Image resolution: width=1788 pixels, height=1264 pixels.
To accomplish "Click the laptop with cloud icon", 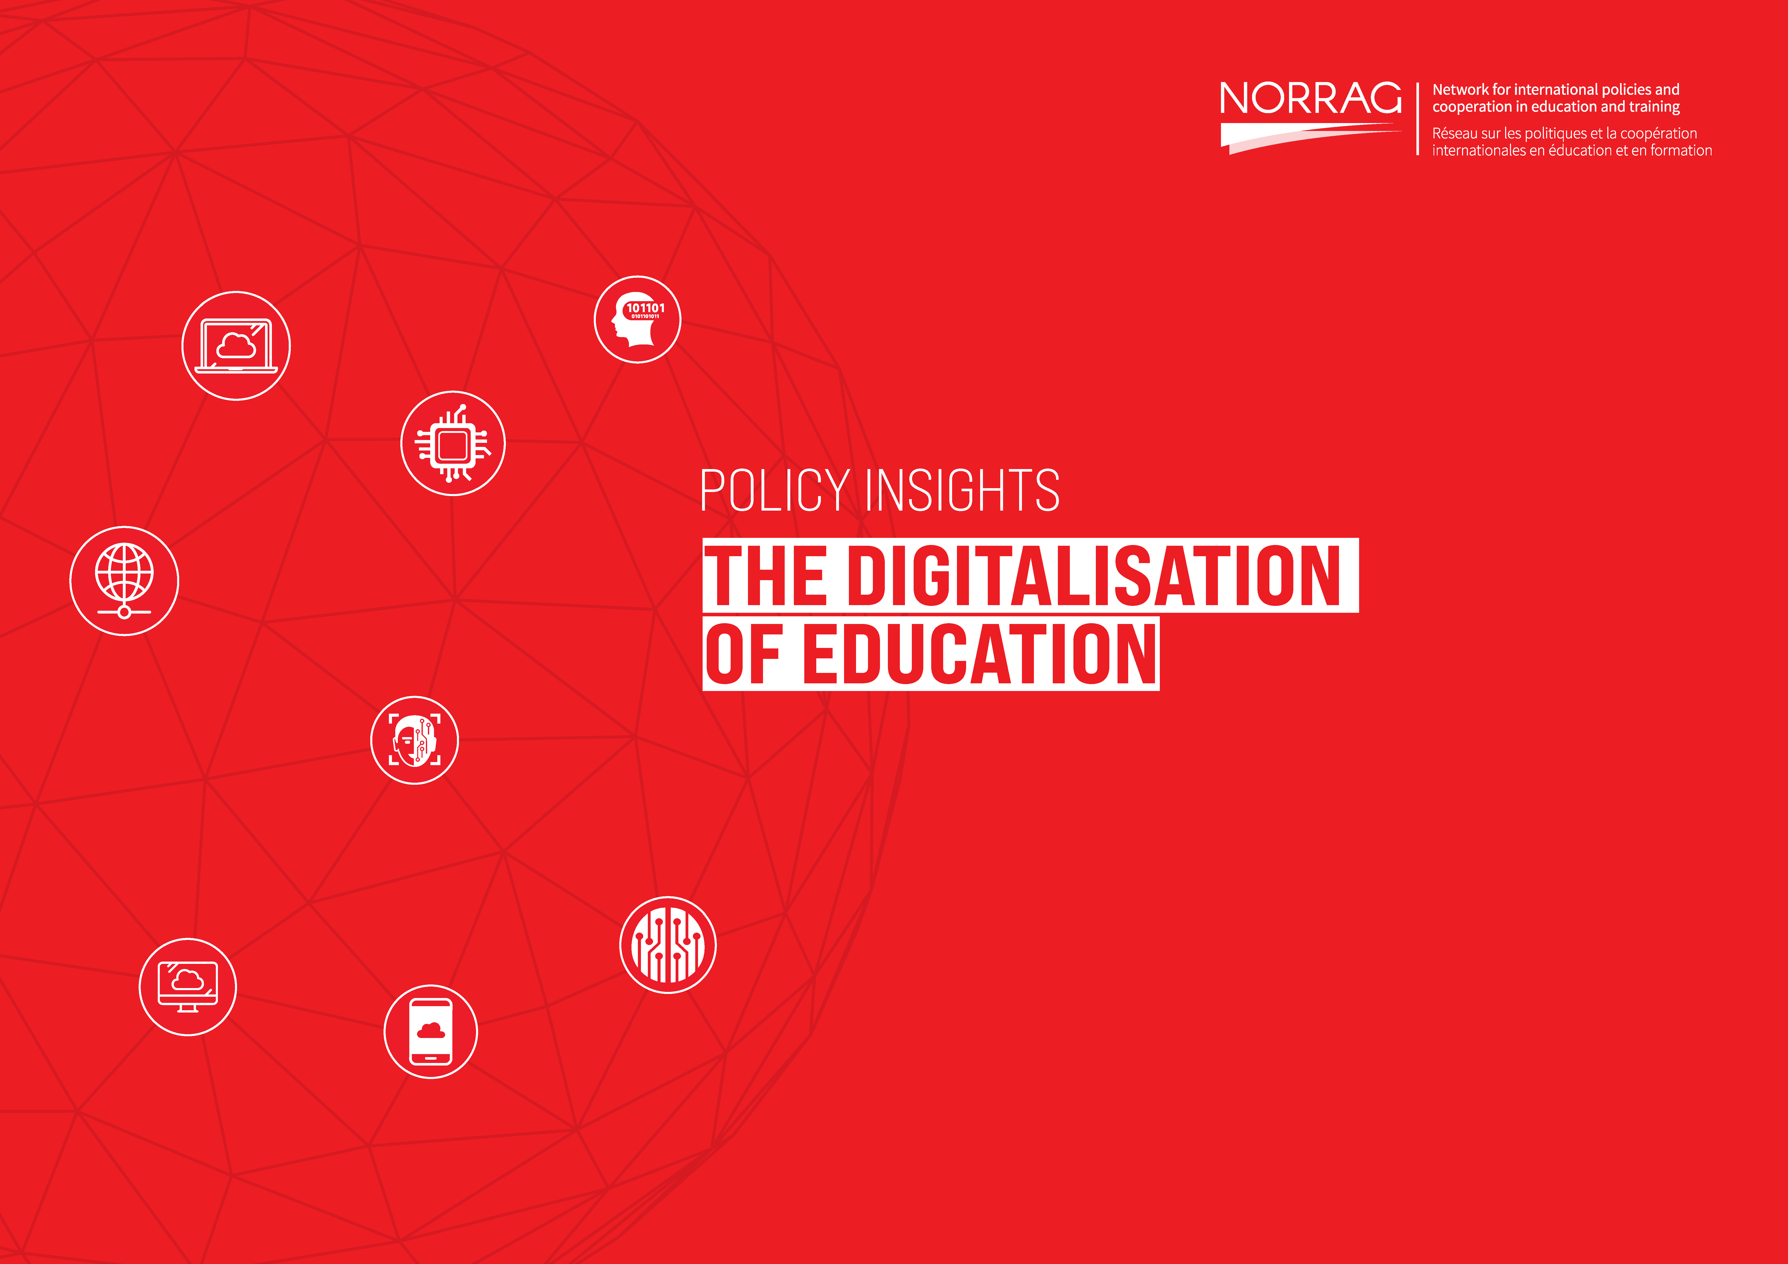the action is pos(236,346).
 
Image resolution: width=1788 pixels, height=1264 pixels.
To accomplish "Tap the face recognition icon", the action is pos(414,740).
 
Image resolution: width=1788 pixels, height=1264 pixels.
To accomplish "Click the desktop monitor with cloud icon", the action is pos(188,987).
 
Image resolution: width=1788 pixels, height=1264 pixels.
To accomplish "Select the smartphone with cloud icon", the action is pos(431,1032).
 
